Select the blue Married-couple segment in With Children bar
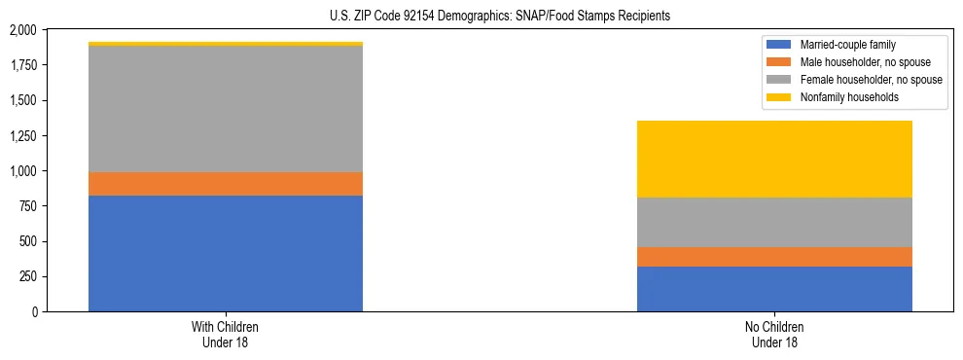tap(226, 253)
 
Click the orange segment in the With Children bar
tap(226, 184)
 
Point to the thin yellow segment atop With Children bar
tap(226, 44)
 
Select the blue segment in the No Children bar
tap(774, 289)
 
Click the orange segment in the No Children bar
tap(774, 257)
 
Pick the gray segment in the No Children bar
tap(774, 222)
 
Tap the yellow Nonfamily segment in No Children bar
tap(774, 159)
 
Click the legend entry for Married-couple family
tap(847, 45)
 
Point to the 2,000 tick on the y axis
tap(20, 31)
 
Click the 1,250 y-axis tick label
tap(20, 171)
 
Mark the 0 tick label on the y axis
tap(34, 312)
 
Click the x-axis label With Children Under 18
tap(226, 334)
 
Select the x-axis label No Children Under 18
tap(774, 334)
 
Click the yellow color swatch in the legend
tap(779, 97)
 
